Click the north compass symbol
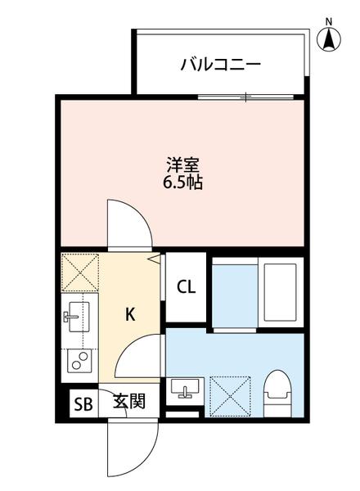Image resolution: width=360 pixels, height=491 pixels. click(x=329, y=37)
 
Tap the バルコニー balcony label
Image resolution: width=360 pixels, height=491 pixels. click(x=220, y=63)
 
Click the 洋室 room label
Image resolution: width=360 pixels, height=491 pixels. click(x=182, y=164)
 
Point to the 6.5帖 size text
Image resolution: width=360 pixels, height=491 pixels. click(x=182, y=182)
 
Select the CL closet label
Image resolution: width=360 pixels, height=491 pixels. click(x=186, y=287)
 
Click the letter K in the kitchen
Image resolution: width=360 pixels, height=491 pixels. click(x=130, y=313)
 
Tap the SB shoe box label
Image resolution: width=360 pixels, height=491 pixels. click(x=83, y=403)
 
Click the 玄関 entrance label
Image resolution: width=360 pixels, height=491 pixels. click(x=129, y=402)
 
